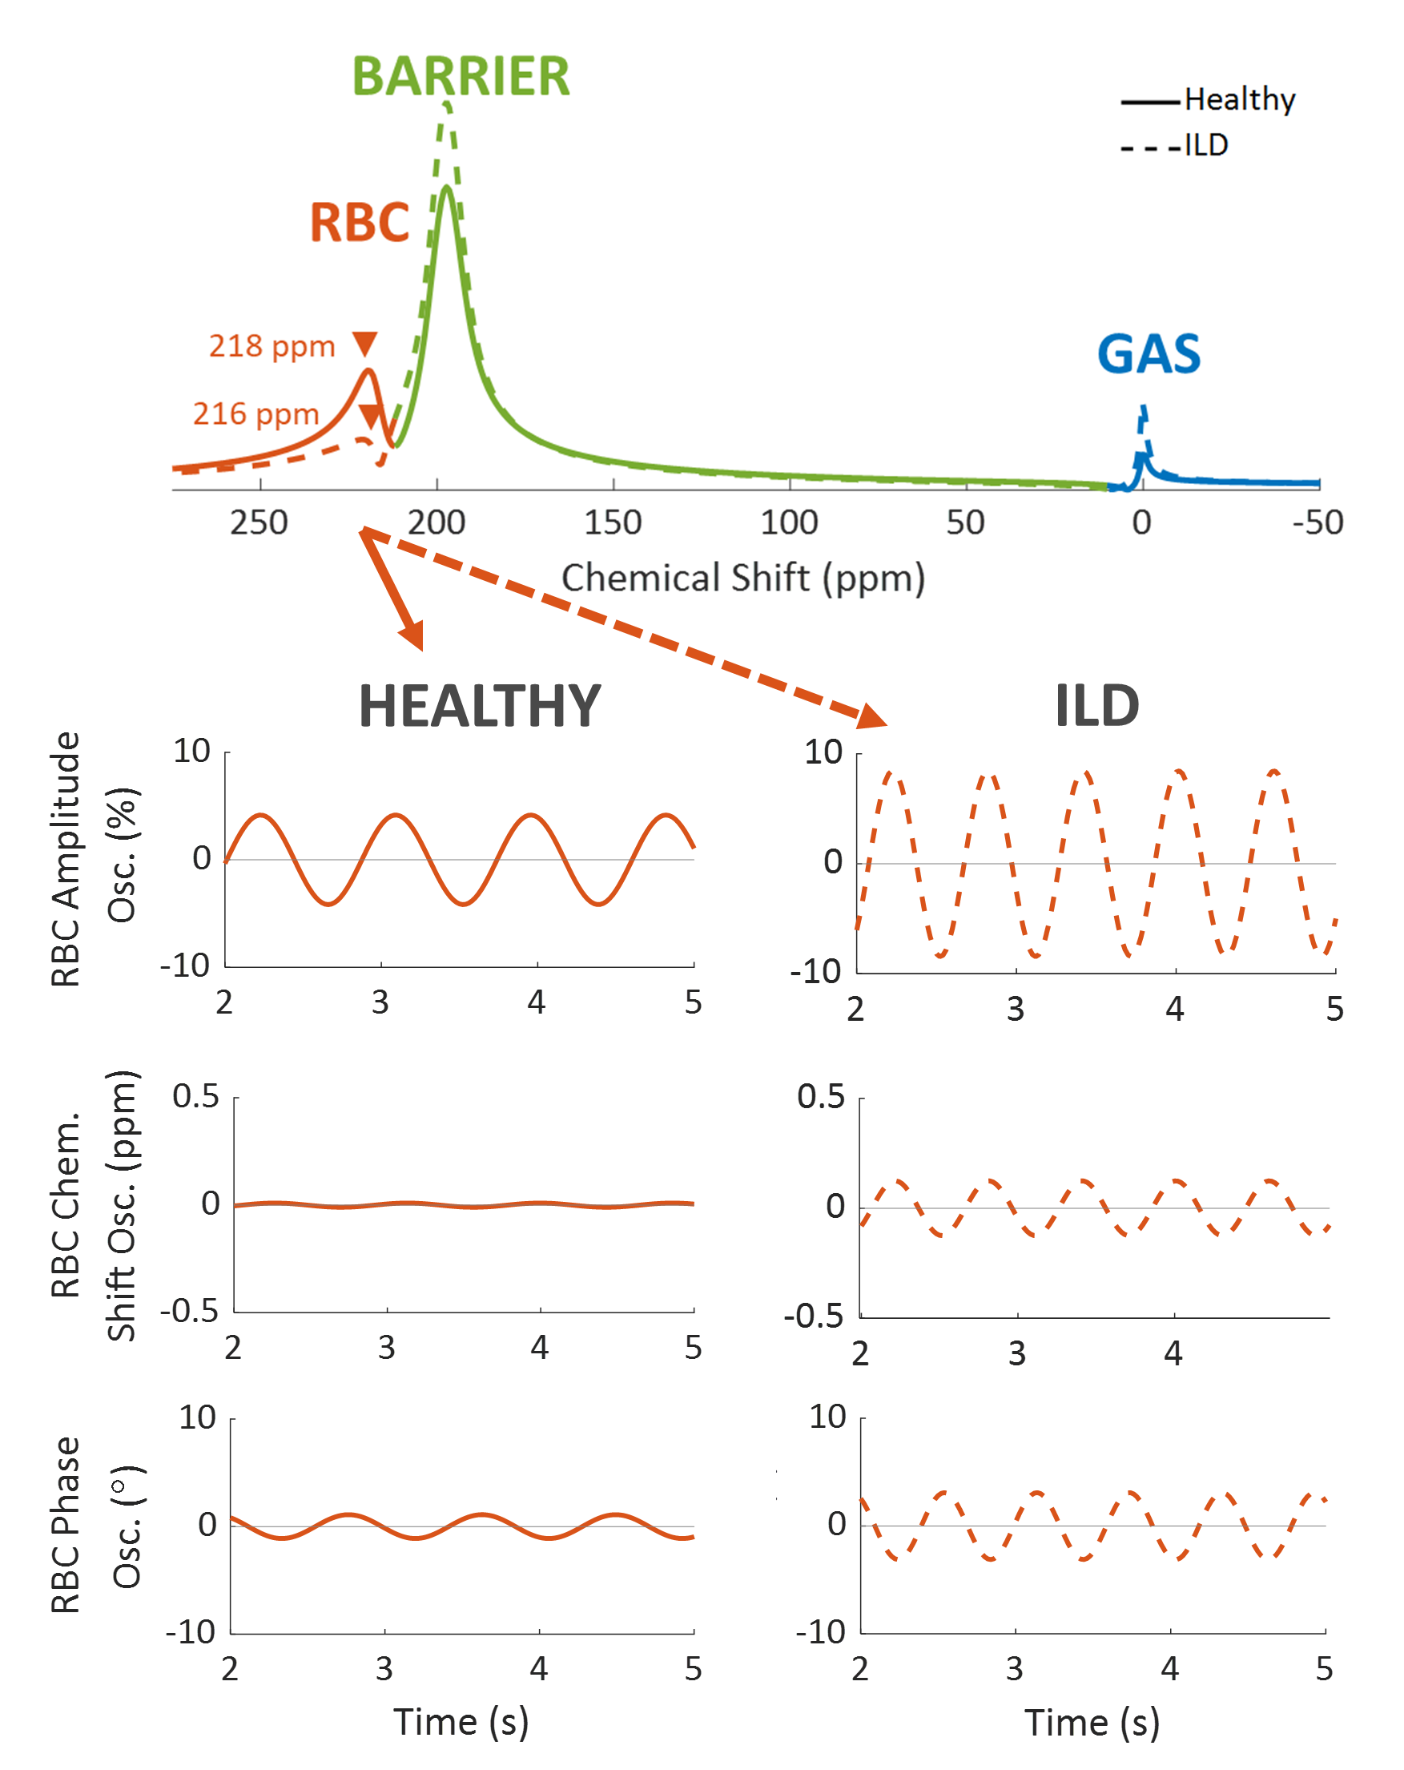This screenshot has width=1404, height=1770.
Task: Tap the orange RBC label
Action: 359,223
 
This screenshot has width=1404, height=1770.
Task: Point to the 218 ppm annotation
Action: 272,346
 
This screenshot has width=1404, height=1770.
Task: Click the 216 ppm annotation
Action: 255,413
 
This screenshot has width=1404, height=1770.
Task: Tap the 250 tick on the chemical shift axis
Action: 259,522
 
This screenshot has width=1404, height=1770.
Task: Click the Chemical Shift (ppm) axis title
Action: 742,578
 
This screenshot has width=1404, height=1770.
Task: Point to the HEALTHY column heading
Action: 479,706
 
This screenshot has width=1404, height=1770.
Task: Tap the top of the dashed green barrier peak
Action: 445,104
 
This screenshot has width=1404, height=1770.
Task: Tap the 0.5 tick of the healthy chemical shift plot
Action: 195,1097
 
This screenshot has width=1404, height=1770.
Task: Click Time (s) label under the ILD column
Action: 1091,1723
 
